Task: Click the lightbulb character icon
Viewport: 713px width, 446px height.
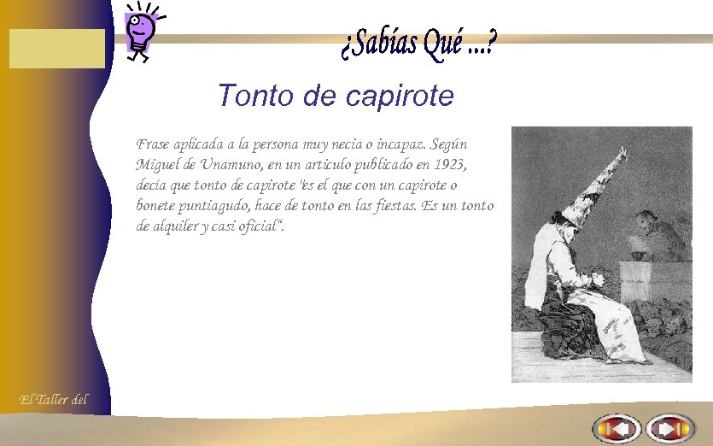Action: [140, 31]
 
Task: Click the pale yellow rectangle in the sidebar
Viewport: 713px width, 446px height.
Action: [56, 48]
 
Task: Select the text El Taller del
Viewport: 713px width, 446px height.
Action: [52, 398]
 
